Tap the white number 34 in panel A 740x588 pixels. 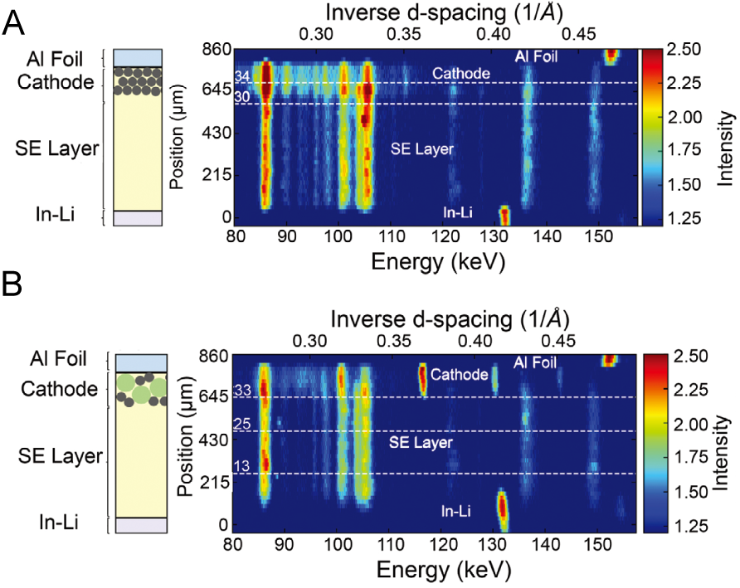(243, 76)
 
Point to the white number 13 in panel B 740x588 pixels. (241, 466)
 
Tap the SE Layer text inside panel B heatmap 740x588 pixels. (421, 443)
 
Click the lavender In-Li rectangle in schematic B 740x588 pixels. (141, 525)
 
